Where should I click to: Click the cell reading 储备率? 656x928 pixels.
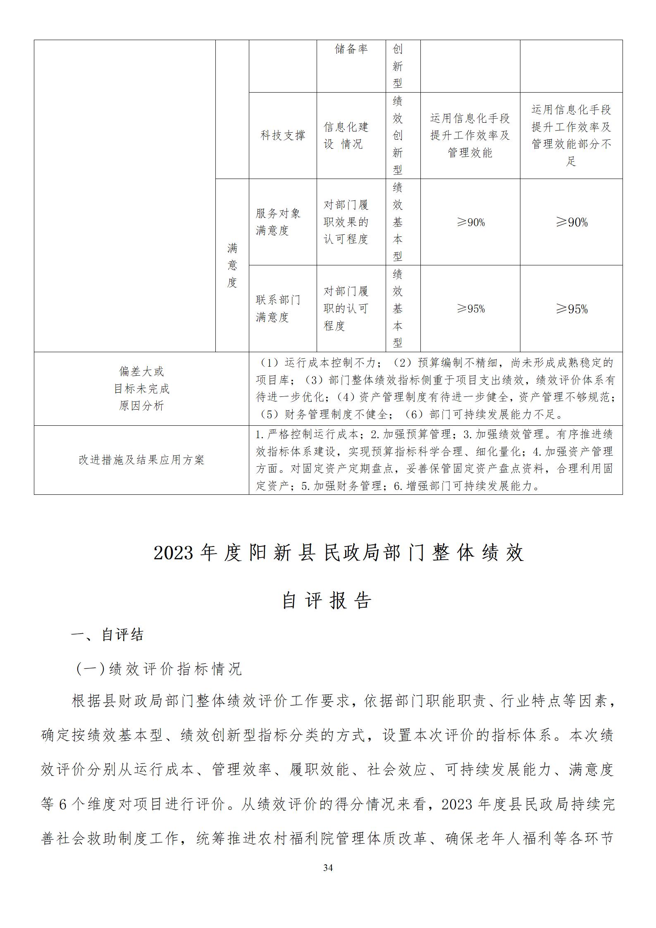click(x=351, y=50)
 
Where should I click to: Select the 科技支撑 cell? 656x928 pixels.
click(x=283, y=135)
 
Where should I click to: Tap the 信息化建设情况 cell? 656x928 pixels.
click(x=346, y=135)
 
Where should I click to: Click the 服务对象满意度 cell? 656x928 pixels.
click(x=278, y=222)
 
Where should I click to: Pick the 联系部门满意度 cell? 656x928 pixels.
click(x=278, y=308)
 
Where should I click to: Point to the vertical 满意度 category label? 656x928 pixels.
click(x=232, y=265)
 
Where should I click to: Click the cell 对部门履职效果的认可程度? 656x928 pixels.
click(x=346, y=222)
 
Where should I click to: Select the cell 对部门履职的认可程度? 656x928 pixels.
click(x=346, y=308)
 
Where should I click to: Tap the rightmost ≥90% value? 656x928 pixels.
click(x=571, y=222)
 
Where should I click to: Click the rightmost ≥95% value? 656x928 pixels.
click(x=571, y=309)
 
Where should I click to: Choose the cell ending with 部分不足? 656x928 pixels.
click(x=571, y=135)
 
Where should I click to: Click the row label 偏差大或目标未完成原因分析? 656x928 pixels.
click(x=141, y=389)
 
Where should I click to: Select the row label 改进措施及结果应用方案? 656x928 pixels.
click(x=141, y=460)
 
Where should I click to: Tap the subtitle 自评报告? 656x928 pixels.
click(x=327, y=601)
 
